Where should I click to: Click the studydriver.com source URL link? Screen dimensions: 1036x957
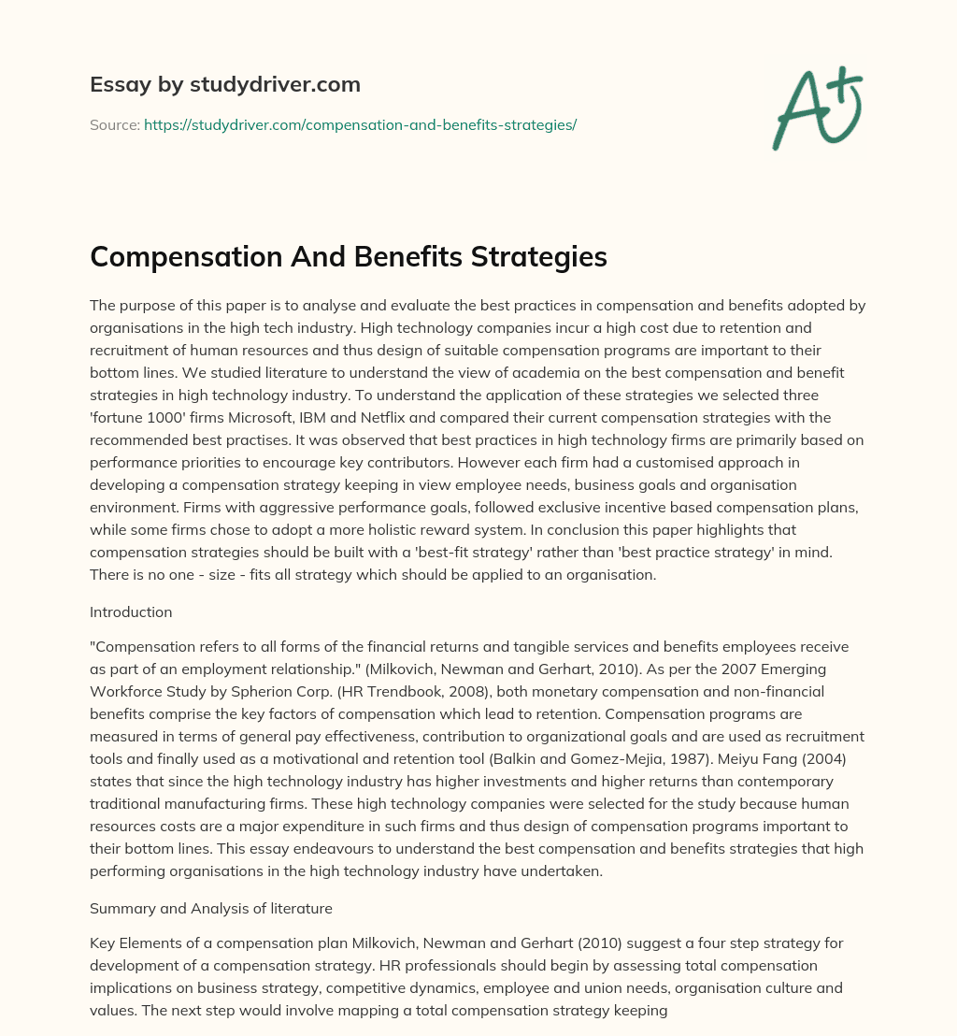point(360,124)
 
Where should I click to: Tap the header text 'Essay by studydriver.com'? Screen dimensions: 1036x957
point(224,84)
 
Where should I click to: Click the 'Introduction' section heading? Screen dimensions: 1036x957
point(131,612)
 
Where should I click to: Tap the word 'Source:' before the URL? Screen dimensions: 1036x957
point(114,124)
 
